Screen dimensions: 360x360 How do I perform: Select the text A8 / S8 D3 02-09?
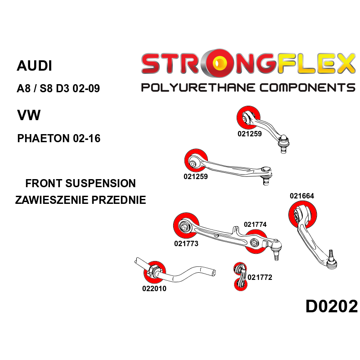pyautogui.click(x=58, y=88)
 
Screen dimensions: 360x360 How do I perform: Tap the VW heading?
pyautogui.click(x=28, y=116)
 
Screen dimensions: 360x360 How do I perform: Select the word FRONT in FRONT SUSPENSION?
pyautogui.click(x=44, y=184)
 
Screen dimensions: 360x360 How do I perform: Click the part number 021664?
pyautogui.click(x=302, y=196)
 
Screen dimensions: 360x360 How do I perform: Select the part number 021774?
pyautogui.click(x=256, y=225)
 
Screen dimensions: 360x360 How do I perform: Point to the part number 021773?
pyautogui.click(x=186, y=243)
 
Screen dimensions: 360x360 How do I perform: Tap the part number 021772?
pyautogui.click(x=260, y=277)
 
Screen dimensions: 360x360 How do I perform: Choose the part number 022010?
pyautogui.click(x=154, y=288)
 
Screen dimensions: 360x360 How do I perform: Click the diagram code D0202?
pyautogui.click(x=331, y=306)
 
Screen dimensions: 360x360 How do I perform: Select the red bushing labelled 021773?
pyautogui.click(x=186, y=225)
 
